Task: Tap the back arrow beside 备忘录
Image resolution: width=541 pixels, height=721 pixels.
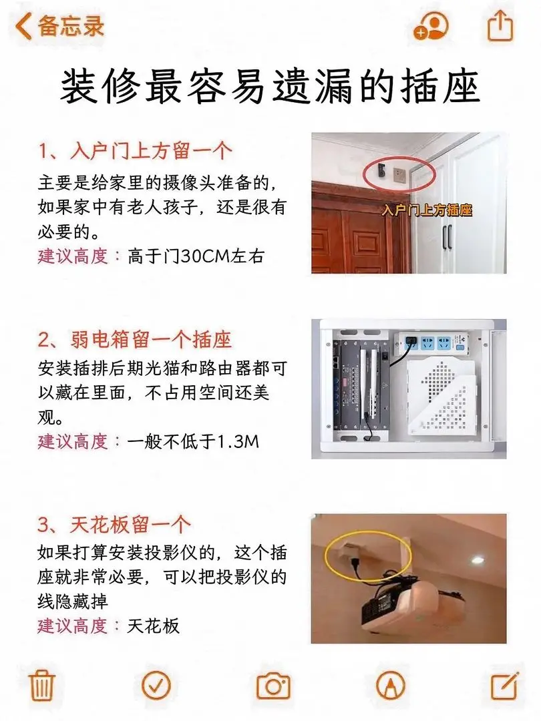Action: click(x=23, y=26)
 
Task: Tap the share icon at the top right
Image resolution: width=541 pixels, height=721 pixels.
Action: click(x=500, y=26)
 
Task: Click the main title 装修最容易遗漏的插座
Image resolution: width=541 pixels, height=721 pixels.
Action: click(x=270, y=86)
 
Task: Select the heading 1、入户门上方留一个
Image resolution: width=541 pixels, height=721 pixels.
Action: click(x=135, y=150)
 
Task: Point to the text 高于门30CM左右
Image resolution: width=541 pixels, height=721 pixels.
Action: click(x=196, y=256)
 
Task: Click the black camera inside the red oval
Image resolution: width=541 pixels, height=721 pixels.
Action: click(x=380, y=172)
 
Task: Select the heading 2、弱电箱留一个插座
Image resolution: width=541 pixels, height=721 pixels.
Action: click(x=135, y=340)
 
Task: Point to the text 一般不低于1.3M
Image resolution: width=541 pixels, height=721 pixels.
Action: click(x=193, y=441)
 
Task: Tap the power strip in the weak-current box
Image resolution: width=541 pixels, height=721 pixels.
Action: click(x=434, y=342)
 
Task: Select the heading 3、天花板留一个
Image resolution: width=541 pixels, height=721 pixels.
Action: click(x=114, y=524)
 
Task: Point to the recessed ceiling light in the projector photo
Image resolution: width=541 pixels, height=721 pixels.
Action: click(x=477, y=559)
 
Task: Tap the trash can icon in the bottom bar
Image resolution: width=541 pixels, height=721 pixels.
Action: click(x=42, y=685)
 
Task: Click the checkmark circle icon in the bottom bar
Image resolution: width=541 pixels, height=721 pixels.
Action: click(x=156, y=685)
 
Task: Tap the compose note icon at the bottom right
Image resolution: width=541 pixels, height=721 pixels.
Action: click(x=505, y=685)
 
